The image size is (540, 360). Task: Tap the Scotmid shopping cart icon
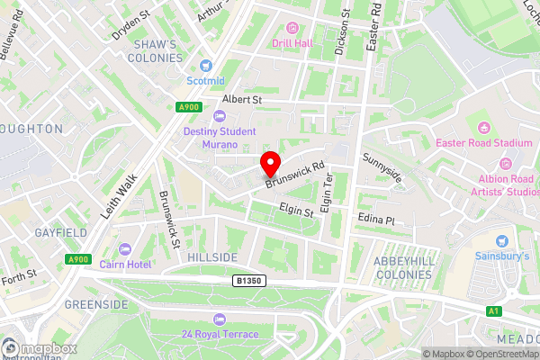click(205, 64)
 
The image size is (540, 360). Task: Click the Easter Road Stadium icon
click(484, 127)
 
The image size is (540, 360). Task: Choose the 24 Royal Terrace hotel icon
click(219, 319)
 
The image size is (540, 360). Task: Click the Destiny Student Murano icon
click(219, 115)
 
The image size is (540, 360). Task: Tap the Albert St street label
click(241, 99)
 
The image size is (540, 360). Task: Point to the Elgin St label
click(296, 212)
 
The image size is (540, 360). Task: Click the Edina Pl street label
click(376, 220)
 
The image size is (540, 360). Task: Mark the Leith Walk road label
click(119, 194)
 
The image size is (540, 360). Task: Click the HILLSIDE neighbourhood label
click(212, 257)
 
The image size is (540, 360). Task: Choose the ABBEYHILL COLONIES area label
click(403, 266)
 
